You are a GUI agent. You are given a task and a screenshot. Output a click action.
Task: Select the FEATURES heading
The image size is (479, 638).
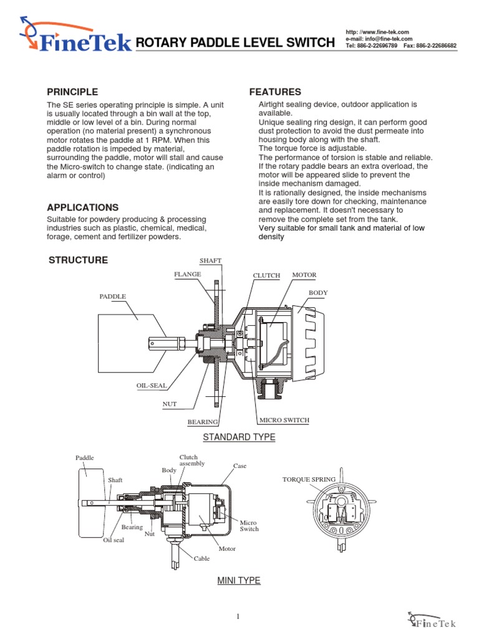pos(275,92)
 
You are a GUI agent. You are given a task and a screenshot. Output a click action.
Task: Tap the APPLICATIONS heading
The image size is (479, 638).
pos(83,207)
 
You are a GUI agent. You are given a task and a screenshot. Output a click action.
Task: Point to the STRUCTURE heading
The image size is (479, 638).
pos(78,260)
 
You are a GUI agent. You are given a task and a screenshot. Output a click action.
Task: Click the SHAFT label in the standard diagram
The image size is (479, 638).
pos(210,260)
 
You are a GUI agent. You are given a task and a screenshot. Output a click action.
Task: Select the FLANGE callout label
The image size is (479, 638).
pos(187,274)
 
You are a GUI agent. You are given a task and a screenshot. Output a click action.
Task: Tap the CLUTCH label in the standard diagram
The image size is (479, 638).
pos(266,275)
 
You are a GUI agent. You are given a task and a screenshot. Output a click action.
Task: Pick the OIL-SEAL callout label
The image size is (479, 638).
pos(152,386)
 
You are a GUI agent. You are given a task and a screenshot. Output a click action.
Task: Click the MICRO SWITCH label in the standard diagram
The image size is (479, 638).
pos(284,420)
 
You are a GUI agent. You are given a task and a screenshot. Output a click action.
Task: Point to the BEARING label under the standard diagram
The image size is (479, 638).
pos(202,422)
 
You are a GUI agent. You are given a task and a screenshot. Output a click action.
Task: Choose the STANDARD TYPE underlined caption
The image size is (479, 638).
pos(239,437)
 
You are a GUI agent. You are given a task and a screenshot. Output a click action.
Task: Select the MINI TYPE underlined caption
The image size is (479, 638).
pos(238,581)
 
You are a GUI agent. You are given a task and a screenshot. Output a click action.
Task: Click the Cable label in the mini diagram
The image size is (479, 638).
pos(201,559)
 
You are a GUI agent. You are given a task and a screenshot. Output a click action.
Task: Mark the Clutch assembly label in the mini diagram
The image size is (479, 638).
pos(191,460)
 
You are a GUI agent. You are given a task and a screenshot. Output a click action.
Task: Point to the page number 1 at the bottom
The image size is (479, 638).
pos(238,617)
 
